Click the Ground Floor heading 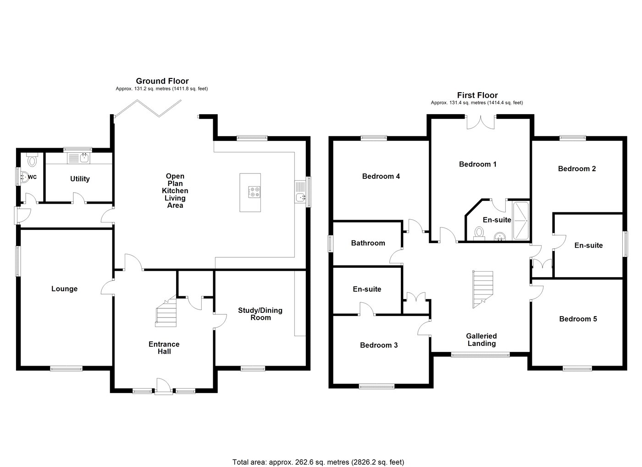tap(162, 81)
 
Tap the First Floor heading tap(477, 95)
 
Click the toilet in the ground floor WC tap(32, 161)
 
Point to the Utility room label tap(80, 179)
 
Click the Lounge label tap(64, 289)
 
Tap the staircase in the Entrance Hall tap(166, 312)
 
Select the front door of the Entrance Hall tap(163, 386)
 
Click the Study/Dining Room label tap(260, 314)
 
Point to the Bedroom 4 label tap(381, 176)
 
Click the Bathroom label tap(368, 243)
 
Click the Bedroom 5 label tap(578, 319)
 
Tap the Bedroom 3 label tap(378, 345)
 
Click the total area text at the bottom tap(318, 462)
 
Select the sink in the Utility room tap(84, 158)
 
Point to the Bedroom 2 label tap(576, 168)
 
